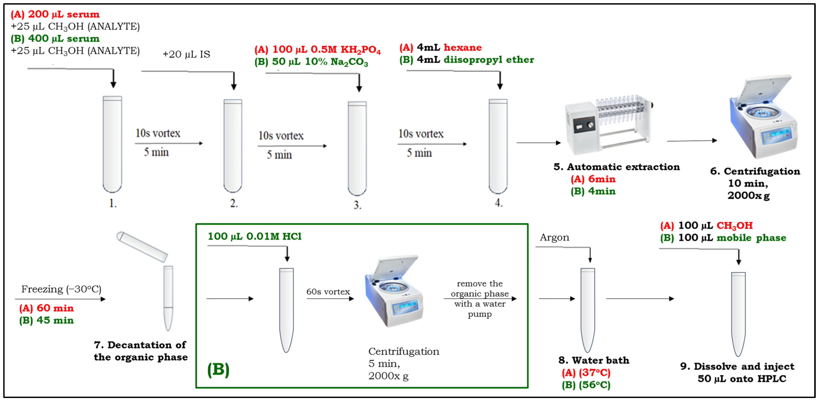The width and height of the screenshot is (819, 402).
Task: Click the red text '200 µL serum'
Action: coord(64,14)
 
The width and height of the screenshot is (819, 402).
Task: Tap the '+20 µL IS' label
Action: coord(186,54)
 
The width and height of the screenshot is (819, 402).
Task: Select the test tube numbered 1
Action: coord(112,144)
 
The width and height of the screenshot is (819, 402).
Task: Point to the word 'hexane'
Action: coord(463,48)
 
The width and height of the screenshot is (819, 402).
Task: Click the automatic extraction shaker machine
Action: coord(607,126)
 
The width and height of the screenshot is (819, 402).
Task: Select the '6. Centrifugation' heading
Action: coord(755,171)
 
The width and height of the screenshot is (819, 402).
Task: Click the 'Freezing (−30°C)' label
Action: coord(61,289)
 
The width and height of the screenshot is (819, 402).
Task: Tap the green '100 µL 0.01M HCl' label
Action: coord(255,237)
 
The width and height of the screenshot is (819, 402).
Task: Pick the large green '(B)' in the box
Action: coord(219,369)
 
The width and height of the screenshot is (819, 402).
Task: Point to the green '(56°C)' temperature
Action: coord(594,385)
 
